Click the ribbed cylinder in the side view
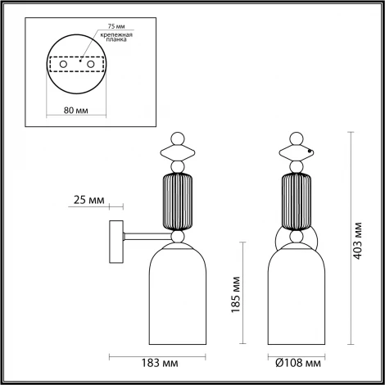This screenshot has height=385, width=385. point(178,201)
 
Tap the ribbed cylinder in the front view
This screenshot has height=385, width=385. point(299,201)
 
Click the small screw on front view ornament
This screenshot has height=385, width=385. point(310,152)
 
